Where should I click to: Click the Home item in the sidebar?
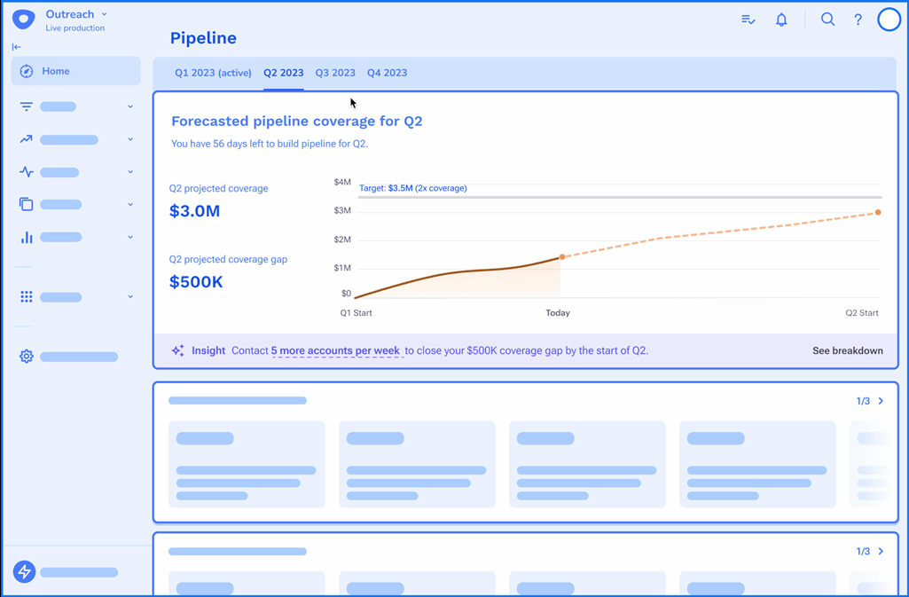55,71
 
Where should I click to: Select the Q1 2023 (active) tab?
213,73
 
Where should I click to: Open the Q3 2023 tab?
335,73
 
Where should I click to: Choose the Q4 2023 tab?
388,73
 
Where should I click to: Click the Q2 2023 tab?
284,73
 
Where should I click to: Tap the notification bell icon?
781,20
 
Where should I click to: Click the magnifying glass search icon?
827,20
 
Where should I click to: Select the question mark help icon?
858,20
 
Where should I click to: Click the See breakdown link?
847,350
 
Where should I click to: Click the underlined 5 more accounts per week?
335,350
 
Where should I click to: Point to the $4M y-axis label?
342,182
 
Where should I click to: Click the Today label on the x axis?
558,312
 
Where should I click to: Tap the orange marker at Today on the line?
562,257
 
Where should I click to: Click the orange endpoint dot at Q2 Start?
878,213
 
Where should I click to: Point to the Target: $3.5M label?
413,188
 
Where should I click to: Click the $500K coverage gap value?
196,282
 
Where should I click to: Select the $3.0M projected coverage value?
194,211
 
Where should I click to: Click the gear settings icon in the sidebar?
27,357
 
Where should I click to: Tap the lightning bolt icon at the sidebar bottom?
24,572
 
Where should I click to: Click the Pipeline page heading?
203,38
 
